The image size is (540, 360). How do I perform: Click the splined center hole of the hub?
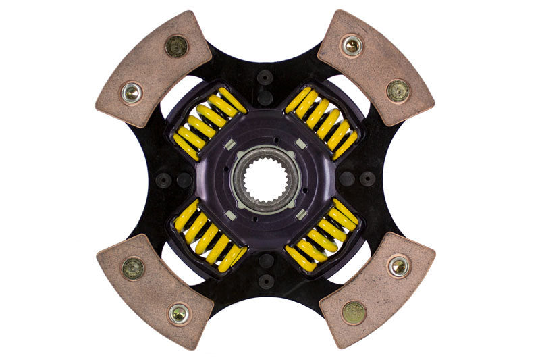click(x=265, y=179)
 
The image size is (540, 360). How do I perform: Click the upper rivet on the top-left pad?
click(x=177, y=46)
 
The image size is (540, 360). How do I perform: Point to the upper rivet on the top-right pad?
click(x=352, y=46)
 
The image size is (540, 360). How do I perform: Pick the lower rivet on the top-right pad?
click(x=398, y=91)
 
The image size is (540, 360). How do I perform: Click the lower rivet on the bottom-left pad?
click(x=179, y=313)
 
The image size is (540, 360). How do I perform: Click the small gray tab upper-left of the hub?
click(x=229, y=144)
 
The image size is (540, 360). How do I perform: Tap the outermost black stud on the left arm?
click(x=163, y=180)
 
